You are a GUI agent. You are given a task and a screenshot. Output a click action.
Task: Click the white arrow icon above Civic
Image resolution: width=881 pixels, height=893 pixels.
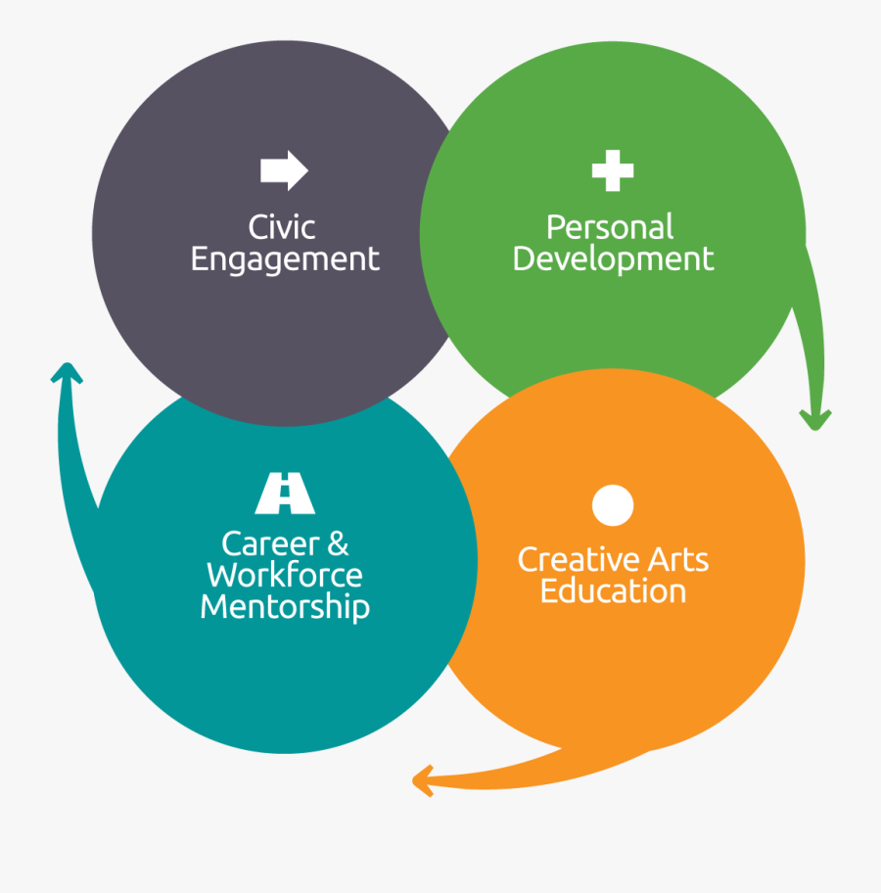[x=284, y=170]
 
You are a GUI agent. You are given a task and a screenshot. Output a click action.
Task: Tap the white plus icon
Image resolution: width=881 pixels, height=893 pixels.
[x=613, y=170]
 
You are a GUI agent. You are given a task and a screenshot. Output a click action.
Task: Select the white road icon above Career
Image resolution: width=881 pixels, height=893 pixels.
[x=285, y=493]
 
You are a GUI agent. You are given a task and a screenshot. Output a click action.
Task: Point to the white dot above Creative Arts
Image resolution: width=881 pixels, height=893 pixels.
[x=613, y=505]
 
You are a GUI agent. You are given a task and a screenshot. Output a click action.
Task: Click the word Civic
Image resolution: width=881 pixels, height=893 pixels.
[x=282, y=227]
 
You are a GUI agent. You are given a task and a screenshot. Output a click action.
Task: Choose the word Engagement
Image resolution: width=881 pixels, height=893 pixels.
[x=285, y=260]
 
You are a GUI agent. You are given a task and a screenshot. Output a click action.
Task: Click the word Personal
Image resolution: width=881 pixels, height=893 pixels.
[x=610, y=227]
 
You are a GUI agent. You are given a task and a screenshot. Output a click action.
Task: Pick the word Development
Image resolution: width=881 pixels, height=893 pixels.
[x=613, y=260]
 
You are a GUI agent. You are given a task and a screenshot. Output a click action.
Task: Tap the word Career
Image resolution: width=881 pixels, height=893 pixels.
[x=270, y=543]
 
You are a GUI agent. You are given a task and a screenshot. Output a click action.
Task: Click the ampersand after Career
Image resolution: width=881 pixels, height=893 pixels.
[x=338, y=543]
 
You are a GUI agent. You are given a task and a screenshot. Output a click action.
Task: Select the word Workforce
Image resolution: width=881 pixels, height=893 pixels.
[x=284, y=575]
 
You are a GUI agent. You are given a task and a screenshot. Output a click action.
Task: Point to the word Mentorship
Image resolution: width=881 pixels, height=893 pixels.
[x=285, y=608]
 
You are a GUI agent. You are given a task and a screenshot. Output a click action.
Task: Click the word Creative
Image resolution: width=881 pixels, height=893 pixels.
[x=578, y=559]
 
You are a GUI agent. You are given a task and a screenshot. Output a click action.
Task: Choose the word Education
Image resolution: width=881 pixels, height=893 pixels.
[x=613, y=591]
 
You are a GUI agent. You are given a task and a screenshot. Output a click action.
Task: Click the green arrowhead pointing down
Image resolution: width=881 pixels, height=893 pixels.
[x=815, y=420]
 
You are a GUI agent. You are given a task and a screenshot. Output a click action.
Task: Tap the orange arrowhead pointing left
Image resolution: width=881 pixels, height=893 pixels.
[x=423, y=780]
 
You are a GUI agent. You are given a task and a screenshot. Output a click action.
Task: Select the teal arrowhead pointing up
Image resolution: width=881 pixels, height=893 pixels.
[x=67, y=373]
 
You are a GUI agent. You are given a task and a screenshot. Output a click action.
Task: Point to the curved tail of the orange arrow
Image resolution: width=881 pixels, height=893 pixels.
[x=541, y=775]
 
